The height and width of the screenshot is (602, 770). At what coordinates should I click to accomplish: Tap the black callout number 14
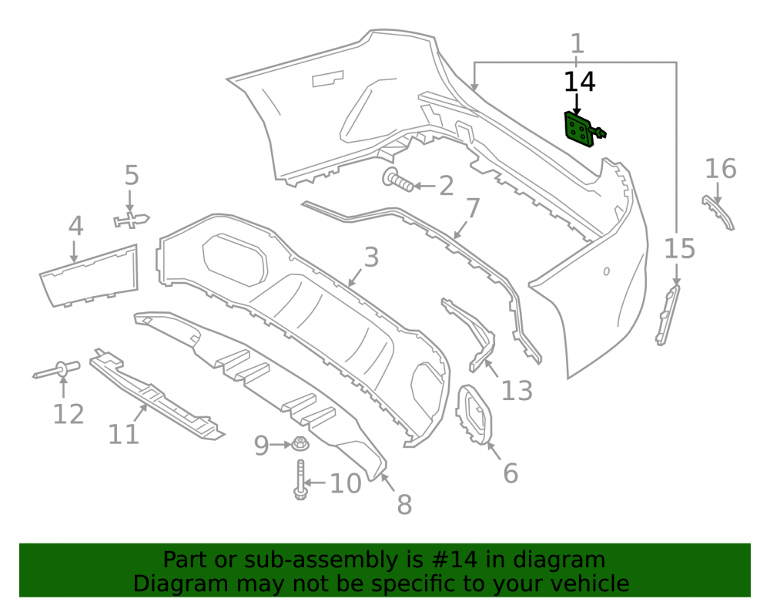[580, 82]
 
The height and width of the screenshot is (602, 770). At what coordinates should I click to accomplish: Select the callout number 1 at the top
[577, 44]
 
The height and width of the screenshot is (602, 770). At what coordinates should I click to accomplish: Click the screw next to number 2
[398, 180]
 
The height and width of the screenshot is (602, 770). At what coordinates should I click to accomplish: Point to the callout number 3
[371, 257]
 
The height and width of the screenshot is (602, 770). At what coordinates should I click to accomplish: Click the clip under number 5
[131, 220]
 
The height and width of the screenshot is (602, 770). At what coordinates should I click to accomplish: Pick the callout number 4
[75, 226]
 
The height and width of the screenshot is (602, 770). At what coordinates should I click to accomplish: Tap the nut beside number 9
[300, 444]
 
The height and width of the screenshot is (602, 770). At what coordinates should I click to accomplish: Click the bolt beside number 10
[300, 479]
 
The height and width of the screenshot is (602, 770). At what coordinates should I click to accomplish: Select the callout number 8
[404, 505]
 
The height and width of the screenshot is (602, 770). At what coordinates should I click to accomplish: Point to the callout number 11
[123, 434]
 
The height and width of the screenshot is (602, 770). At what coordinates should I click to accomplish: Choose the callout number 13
[517, 391]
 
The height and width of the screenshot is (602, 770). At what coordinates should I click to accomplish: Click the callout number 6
[511, 473]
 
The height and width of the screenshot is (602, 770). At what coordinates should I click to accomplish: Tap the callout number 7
[473, 208]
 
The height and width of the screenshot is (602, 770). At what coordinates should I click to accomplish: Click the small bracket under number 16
[718, 212]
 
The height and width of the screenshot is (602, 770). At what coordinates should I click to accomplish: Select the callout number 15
[680, 249]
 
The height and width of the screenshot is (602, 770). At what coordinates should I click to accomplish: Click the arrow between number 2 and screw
[425, 187]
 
